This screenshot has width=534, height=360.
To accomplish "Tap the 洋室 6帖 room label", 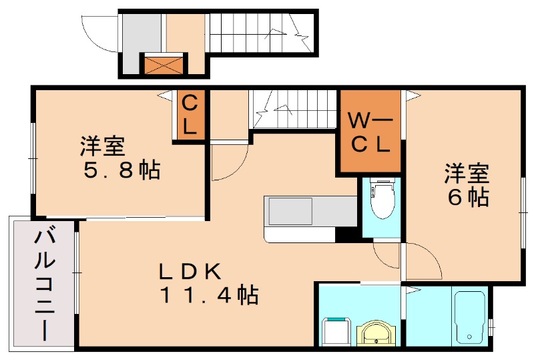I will coord(467,185).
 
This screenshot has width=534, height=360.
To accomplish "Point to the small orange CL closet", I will coord(190,116).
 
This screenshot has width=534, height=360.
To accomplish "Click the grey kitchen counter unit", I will coord(310,213).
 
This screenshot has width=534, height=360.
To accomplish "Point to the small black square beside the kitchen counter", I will coord(345,234).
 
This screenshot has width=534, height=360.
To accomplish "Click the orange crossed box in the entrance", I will coord(160,65).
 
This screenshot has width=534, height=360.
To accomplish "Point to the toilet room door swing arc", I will coord(385,253).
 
